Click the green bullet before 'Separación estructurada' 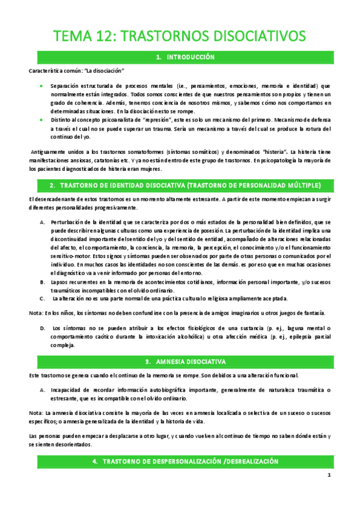[40, 86]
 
